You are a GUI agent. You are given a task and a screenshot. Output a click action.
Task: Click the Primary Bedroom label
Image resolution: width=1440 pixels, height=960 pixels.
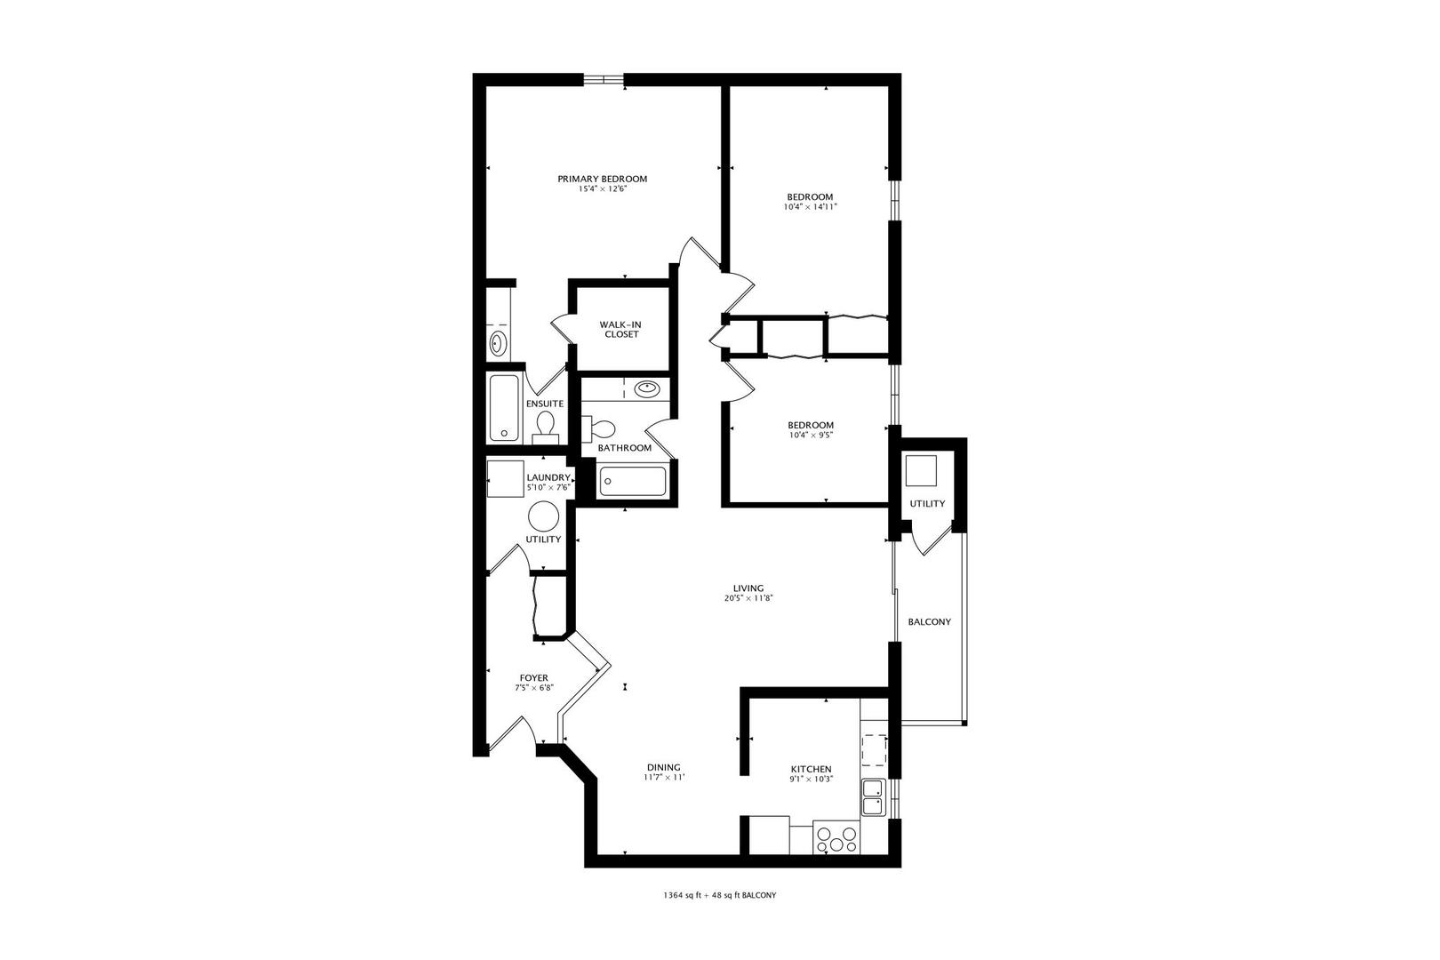(x=602, y=179)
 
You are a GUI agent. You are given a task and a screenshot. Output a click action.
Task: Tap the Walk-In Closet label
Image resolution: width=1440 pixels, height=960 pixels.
(x=621, y=329)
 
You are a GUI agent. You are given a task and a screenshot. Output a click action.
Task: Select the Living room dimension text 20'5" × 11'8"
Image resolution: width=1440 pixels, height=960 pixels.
(x=748, y=598)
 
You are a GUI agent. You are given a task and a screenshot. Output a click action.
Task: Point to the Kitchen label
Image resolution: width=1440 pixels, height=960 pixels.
(x=811, y=769)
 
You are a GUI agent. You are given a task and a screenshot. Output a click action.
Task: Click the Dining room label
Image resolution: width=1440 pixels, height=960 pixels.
(x=663, y=767)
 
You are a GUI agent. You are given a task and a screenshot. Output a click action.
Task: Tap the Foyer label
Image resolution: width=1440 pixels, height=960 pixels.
(x=533, y=677)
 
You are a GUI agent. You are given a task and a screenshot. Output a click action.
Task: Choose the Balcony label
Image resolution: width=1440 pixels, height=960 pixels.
(x=929, y=622)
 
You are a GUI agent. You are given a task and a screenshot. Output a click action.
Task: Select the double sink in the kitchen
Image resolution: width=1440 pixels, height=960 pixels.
(x=873, y=797)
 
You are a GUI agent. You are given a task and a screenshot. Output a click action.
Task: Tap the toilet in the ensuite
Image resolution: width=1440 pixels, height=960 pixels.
(x=546, y=428)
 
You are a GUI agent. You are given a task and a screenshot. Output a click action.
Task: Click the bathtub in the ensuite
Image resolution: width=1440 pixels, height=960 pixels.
(x=504, y=408)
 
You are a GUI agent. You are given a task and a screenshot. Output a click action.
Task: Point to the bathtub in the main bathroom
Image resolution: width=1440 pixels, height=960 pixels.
(x=633, y=481)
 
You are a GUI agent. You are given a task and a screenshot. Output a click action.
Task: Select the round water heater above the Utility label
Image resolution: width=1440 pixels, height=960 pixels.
(x=544, y=516)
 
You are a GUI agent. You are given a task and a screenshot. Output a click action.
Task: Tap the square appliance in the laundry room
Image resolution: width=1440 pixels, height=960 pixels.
(x=505, y=478)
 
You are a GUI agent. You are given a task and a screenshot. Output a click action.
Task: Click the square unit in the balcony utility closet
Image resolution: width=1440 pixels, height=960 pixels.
(x=921, y=471)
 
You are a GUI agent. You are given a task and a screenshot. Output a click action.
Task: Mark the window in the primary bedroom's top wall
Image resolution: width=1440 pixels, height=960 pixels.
(x=604, y=80)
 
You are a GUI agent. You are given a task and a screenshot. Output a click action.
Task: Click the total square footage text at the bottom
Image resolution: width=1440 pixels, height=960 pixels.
(x=720, y=895)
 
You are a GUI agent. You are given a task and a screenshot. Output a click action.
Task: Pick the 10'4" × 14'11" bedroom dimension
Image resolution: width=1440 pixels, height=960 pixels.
(x=810, y=207)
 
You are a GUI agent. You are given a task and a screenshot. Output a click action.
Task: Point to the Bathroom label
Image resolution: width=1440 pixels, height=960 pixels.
(x=624, y=447)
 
